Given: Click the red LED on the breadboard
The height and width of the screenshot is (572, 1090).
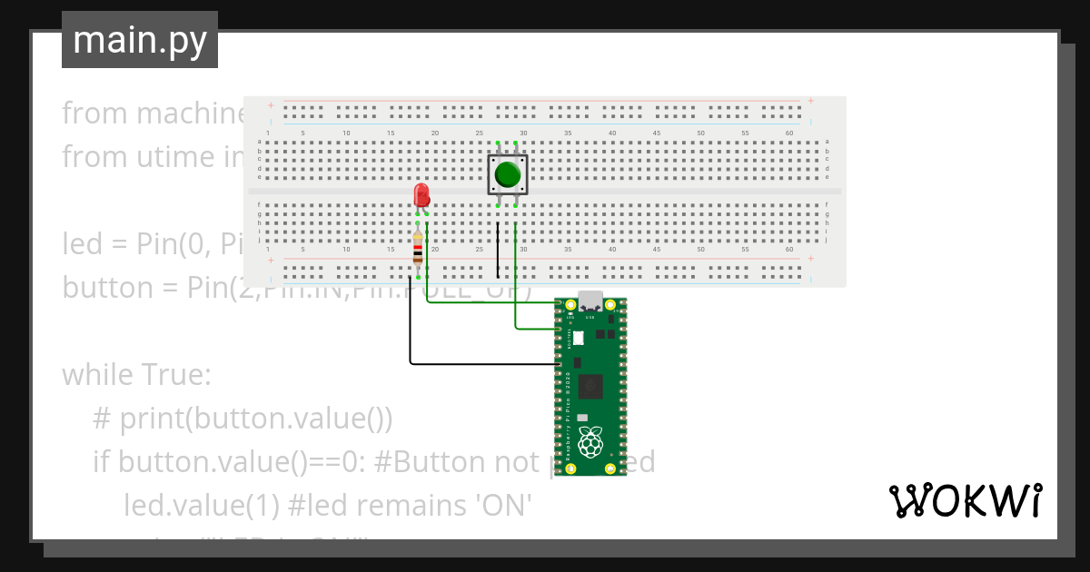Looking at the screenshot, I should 421,194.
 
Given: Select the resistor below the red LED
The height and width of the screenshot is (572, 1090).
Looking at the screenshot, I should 418,249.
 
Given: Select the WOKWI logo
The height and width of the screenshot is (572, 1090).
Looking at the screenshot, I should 965,500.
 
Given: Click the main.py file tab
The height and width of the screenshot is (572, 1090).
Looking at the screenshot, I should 140,40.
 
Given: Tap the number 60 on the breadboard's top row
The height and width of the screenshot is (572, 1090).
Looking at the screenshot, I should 788,133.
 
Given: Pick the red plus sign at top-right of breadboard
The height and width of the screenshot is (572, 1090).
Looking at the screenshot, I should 809,101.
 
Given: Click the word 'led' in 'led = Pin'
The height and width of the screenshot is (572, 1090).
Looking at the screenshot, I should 82,244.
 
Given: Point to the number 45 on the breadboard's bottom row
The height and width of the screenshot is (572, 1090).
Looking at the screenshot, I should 656,249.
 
